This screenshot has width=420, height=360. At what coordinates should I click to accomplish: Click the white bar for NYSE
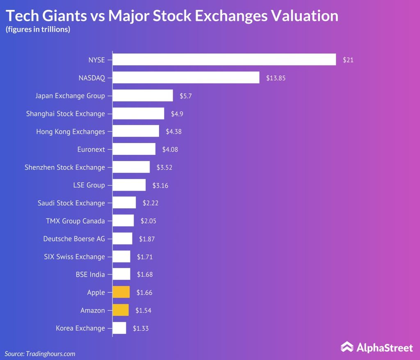pyautogui.click(x=224, y=60)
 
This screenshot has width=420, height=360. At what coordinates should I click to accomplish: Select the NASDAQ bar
pyautogui.click(x=186, y=77)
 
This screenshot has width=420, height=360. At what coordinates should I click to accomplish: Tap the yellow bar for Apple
pyautogui.click(x=121, y=292)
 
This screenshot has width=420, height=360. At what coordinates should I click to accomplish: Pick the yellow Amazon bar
pyautogui.click(x=121, y=310)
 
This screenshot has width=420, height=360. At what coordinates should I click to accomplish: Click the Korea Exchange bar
pyautogui.click(x=119, y=328)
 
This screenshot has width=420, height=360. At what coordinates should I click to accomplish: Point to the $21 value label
pyautogui.click(x=348, y=60)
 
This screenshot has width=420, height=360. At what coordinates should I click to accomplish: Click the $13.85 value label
pyautogui.click(x=276, y=77)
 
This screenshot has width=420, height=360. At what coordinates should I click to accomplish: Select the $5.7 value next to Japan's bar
pyautogui.click(x=186, y=96)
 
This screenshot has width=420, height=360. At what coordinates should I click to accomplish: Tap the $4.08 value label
pyautogui.click(x=170, y=149)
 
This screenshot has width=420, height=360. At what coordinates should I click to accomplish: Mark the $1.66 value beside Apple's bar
pyautogui.click(x=144, y=292)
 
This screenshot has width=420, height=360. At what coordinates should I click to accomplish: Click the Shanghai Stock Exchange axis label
pyautogui.click(x=66, y=114)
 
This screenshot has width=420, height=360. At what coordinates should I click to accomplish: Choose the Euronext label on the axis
pyautogui.click(x=91, y=149)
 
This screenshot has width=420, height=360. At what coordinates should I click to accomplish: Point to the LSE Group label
pyautogui.click(x=89, y=185)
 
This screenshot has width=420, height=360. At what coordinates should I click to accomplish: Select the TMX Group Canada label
pyautogui.click(x=75, y=221)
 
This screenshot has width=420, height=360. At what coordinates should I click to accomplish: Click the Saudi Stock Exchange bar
pyautogui.click(x=124, y=203)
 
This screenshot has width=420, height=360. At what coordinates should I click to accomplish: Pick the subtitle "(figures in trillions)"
pyautogui.click(x=38, y=30)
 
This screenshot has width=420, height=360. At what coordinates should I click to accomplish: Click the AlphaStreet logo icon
pyautogui.click(x=347, y=347)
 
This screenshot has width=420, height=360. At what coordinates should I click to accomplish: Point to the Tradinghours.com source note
pyautogui.click(x=40, y=353)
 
